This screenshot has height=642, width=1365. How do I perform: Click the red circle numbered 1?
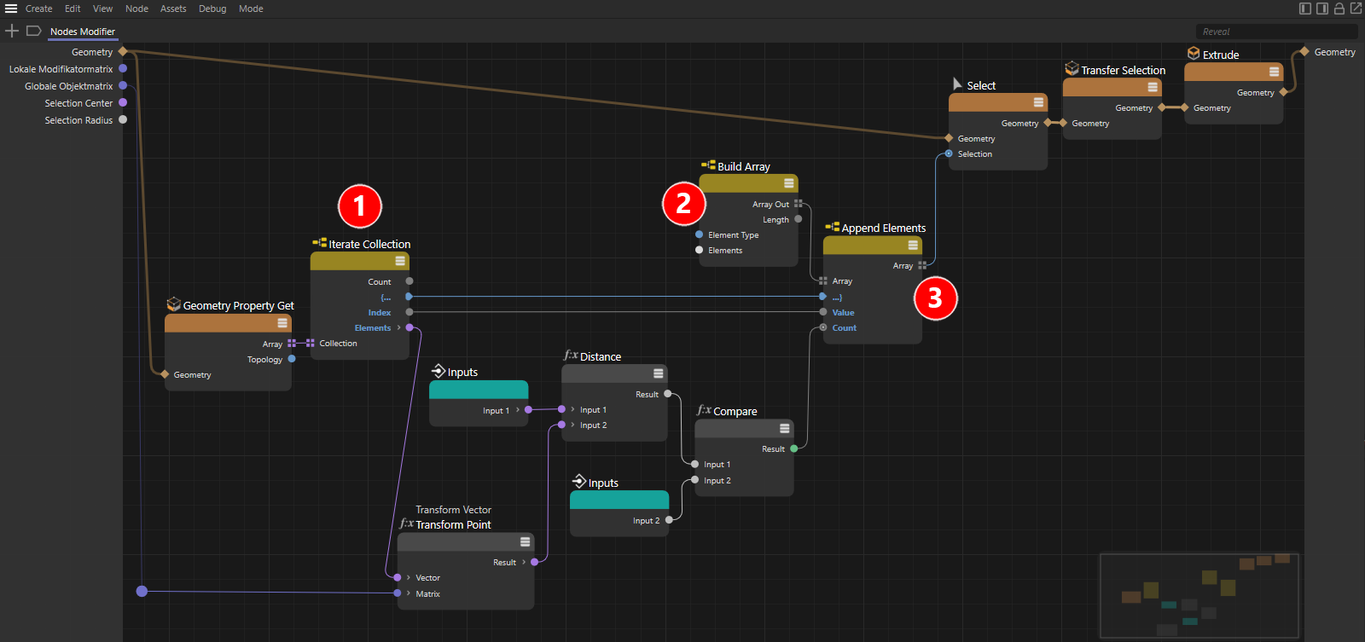click(359, 205)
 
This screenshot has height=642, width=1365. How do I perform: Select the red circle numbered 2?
click(683, 203)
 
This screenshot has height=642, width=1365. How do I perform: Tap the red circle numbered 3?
click(935, 298)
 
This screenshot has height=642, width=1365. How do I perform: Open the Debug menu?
click(212, 9)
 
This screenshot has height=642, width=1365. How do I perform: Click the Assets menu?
click(173, 9)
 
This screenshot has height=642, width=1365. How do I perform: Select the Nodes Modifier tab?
click(82, 32)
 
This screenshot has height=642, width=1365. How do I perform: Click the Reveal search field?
click(1276, 32)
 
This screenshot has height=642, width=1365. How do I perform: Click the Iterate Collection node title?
click(369, 244)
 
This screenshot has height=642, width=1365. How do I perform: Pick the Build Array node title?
click(743, 167)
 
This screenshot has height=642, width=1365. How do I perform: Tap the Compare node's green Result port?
click(793, 449)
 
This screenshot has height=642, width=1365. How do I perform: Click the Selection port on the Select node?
click(949, 154)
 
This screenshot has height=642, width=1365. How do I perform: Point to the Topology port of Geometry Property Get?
click(292, 360)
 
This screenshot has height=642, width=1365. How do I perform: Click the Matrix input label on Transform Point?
click(427, 594)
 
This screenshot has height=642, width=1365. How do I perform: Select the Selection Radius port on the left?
click(123, 120)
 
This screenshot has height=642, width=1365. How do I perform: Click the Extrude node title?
click(1221, 55)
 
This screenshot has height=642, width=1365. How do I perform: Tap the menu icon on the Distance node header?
click(658, 373)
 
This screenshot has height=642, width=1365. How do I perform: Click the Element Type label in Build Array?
click(733, 235)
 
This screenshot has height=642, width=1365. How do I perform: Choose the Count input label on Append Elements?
click(844, 327)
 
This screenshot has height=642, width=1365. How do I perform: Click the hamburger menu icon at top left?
click(11, 9)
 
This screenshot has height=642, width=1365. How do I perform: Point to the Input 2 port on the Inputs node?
click(669, 520)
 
